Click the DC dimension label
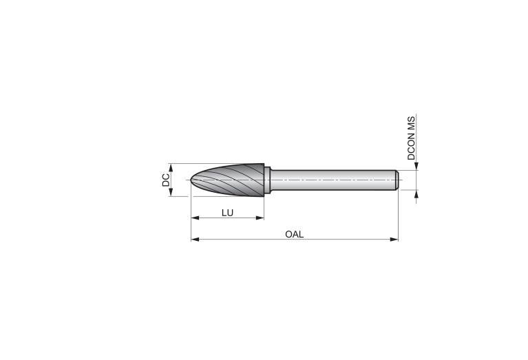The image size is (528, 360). (x=166, y=180)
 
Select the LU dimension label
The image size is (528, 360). (x=227, y=213)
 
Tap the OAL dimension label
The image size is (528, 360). (x=295, y=234)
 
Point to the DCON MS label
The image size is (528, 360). (x=411, y=138)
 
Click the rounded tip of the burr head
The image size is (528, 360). (x=191, y=180)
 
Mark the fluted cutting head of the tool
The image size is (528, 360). (x=227, y=180)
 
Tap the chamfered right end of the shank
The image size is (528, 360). (x=397, y=180)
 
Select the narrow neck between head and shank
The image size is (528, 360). (x=267, y=180)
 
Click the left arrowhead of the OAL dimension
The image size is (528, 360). (x=195, y=240)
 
